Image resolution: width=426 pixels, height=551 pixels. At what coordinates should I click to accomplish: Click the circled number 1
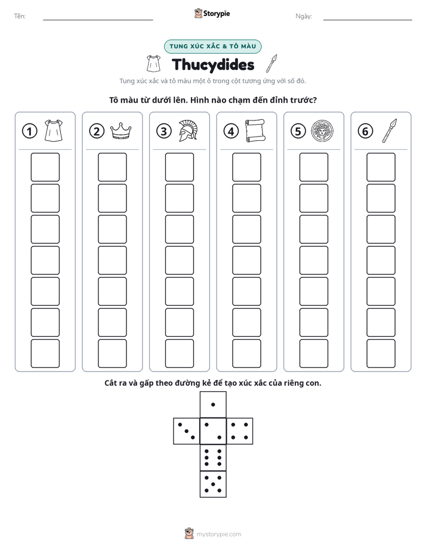pos(29,131)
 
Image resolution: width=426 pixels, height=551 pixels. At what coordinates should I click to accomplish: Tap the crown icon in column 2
pos(121,131)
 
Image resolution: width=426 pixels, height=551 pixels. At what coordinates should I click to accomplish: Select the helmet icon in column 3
pos(188,131)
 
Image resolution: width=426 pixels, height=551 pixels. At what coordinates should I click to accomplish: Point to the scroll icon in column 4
pos(255,131)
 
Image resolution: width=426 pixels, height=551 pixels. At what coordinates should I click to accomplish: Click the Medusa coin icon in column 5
pos(322,131)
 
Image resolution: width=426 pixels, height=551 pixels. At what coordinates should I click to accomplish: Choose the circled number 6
pos(365,131)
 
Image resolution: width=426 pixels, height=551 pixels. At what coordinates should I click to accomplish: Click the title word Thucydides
pos(213,65)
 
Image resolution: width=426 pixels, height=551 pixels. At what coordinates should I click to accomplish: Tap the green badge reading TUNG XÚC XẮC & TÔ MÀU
pos(212,47)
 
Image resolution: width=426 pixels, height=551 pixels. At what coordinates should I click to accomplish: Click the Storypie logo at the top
pos(212,14)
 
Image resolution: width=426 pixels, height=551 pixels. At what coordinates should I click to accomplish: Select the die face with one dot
pos(213,404)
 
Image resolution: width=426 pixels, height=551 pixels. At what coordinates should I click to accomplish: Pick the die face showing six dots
pos(213,457)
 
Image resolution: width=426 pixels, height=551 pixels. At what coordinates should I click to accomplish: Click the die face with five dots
pos(213,484)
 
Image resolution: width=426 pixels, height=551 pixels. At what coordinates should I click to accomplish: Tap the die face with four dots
pos(240,431)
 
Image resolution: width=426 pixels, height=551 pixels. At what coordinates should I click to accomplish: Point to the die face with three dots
pos(187,431)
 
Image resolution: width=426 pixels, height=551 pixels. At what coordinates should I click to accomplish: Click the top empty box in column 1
pos(45,167)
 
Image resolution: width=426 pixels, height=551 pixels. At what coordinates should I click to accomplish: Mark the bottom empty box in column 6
pos(381,354)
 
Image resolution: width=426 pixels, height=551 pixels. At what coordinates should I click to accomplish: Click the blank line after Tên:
pos(98,20)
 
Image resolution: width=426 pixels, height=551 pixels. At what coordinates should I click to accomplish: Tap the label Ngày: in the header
pos(304,16)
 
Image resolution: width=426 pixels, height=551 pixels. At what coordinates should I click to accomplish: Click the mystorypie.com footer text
pos(218,534)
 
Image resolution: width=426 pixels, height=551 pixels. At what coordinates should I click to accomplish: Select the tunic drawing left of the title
pos(153,64)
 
